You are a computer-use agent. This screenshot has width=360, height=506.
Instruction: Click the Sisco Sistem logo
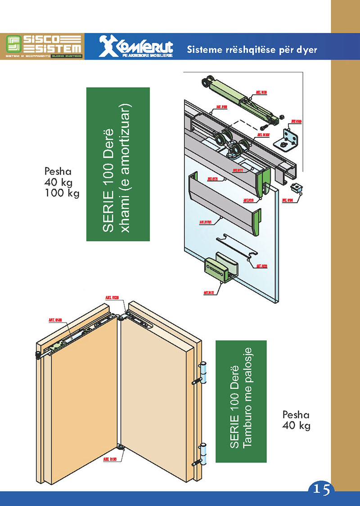(x=44, y=46)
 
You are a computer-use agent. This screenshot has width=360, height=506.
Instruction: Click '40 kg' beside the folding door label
(x=296, y=425)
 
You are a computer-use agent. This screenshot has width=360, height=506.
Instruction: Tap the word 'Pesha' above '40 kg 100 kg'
(x=58, y=171)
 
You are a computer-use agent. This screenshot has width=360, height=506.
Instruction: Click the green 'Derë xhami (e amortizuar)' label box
(x=117, y=164)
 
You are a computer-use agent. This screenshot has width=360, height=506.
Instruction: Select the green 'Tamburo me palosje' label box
(x=241, y=401)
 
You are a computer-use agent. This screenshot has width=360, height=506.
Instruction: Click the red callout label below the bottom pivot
(x=110, y=460)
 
